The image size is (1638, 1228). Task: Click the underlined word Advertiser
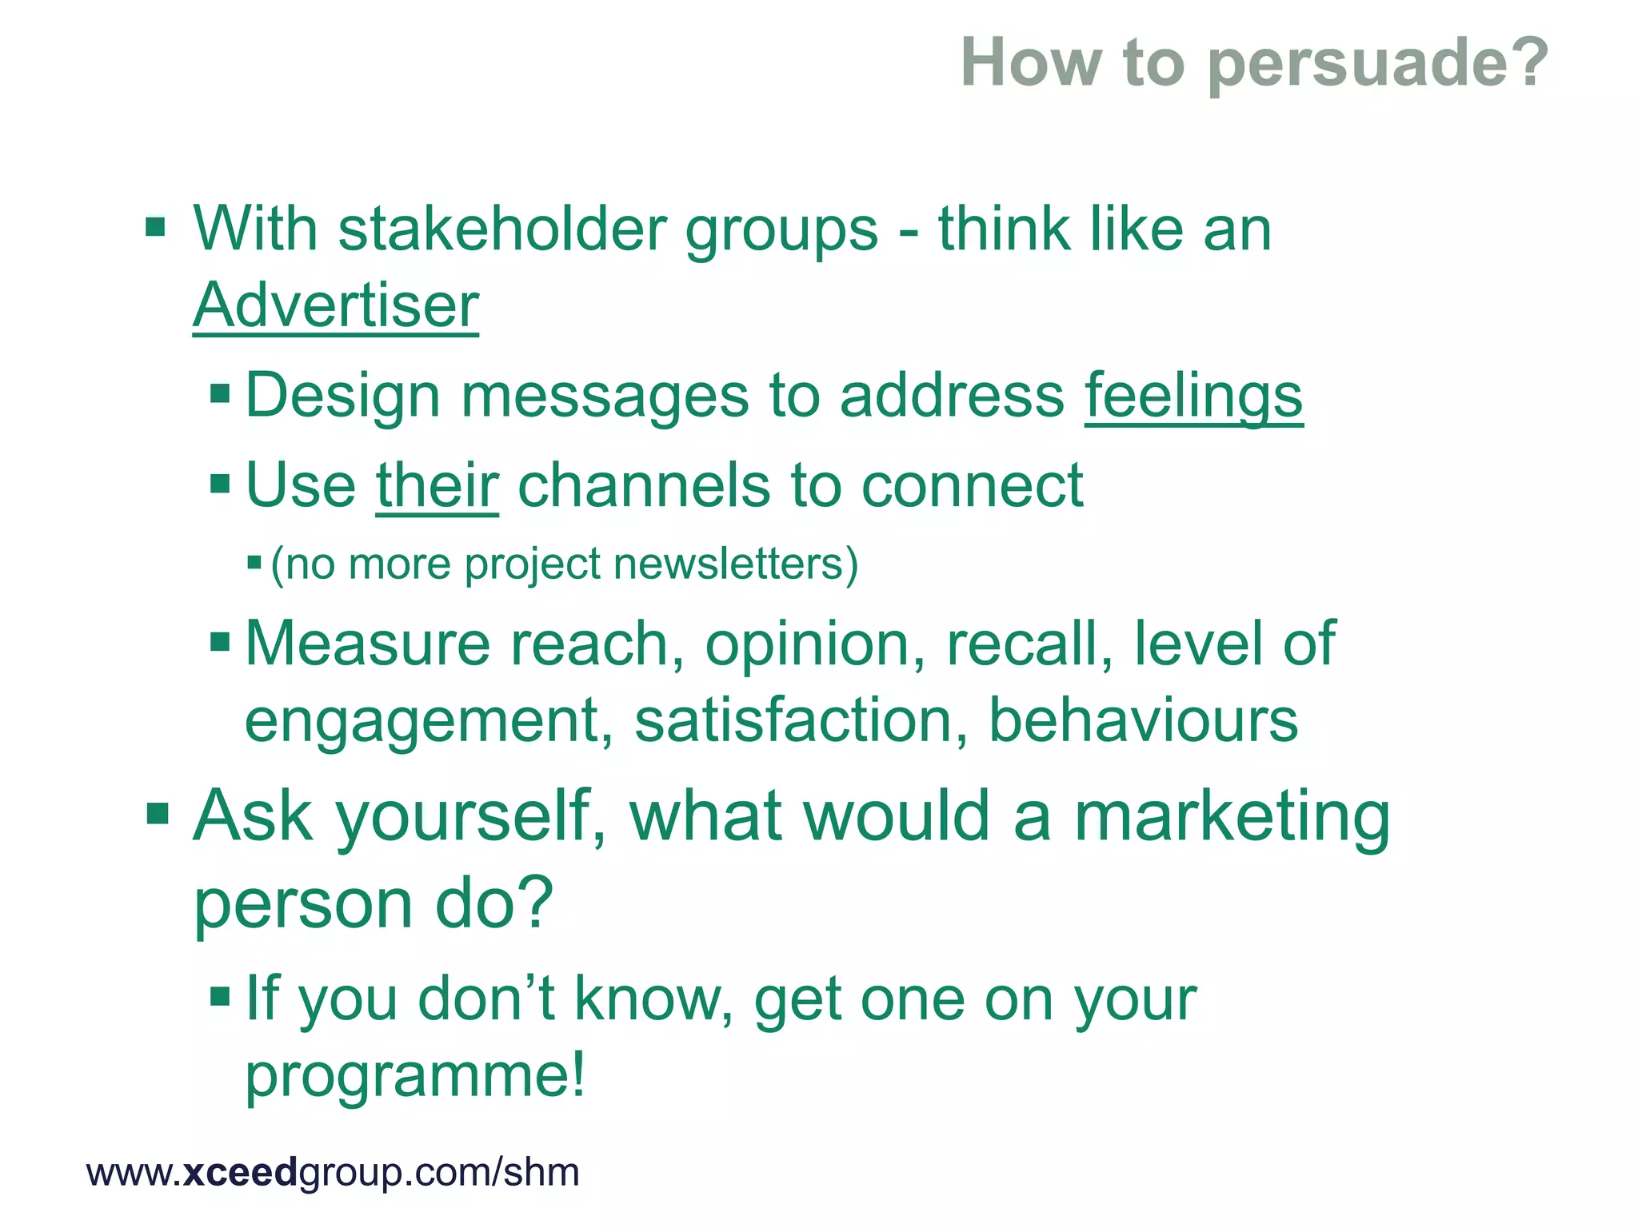tap(336, 305)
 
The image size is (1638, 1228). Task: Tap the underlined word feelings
tap(1193, 396)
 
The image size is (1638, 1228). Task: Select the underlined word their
tap(437, 485)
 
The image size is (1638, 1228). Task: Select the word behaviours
tap(1143, 720)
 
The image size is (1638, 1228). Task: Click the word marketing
tap(1232, 817)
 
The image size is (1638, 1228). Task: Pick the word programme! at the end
tap(415, 1075)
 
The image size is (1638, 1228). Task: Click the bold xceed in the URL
tap(239, 1173)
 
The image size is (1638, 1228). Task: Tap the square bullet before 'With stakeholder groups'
tap(155, 229)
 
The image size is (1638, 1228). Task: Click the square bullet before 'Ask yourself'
tap(158, 815)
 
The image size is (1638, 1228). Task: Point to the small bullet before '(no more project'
tap(254, 563)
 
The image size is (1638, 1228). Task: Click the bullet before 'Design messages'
tap(220, 394)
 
